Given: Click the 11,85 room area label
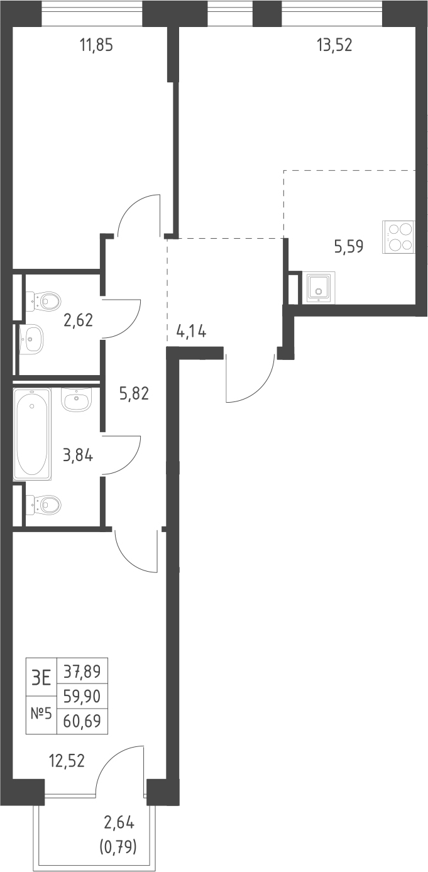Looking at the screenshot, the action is tap(96, 45).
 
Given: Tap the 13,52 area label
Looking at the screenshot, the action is tap(334, 45).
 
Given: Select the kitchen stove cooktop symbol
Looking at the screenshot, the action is tap(399, 237).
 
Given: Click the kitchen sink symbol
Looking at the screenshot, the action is tap(319, 288).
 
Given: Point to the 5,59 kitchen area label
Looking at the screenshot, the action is tap(349, 246).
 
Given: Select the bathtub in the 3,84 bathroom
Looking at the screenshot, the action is tap(32, 433).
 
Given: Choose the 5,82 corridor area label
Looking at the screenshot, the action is tap(134, 394).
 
